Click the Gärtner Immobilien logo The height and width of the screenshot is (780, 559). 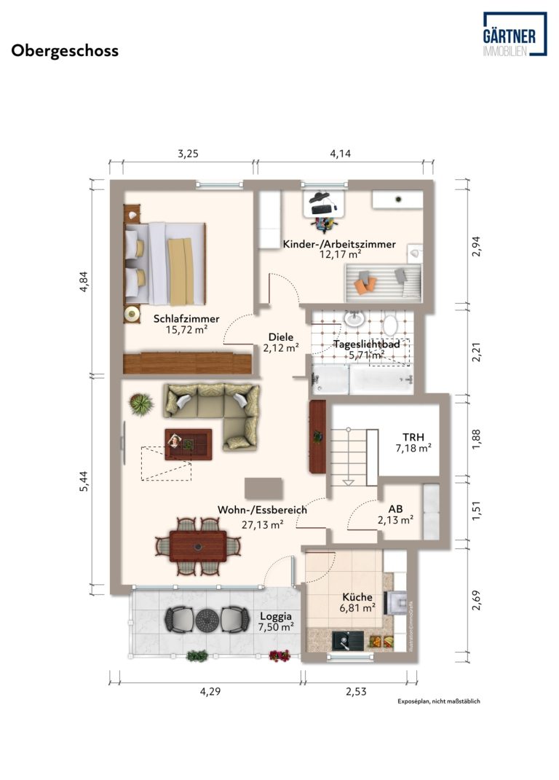(x=515, y=34)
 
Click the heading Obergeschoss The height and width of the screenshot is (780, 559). (x=65, y=51)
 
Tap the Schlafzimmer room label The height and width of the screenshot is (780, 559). (x=186, y=319)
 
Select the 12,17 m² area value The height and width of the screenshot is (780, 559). (x=340, y=254)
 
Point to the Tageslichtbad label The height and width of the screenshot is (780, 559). (x=367, y=344)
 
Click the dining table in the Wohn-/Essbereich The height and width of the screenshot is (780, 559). (x=198, y=546)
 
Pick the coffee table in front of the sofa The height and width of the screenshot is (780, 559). (x=189, y=444)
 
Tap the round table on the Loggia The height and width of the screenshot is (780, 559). (x=207, y=620)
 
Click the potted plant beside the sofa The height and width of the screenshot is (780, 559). (x=141, y=404)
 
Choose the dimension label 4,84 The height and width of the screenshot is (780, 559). (x=84, y=281)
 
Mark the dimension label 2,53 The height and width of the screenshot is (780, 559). (x=356, y=691)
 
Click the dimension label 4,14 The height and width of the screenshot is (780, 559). (x=340, y=154)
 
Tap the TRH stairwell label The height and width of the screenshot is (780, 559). (x=413, y=437)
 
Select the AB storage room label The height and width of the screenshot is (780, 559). (x=396, y=509)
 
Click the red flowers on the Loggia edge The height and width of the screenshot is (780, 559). (x=279, y=655)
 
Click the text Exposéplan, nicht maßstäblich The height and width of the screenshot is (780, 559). (x=439, y=701)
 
